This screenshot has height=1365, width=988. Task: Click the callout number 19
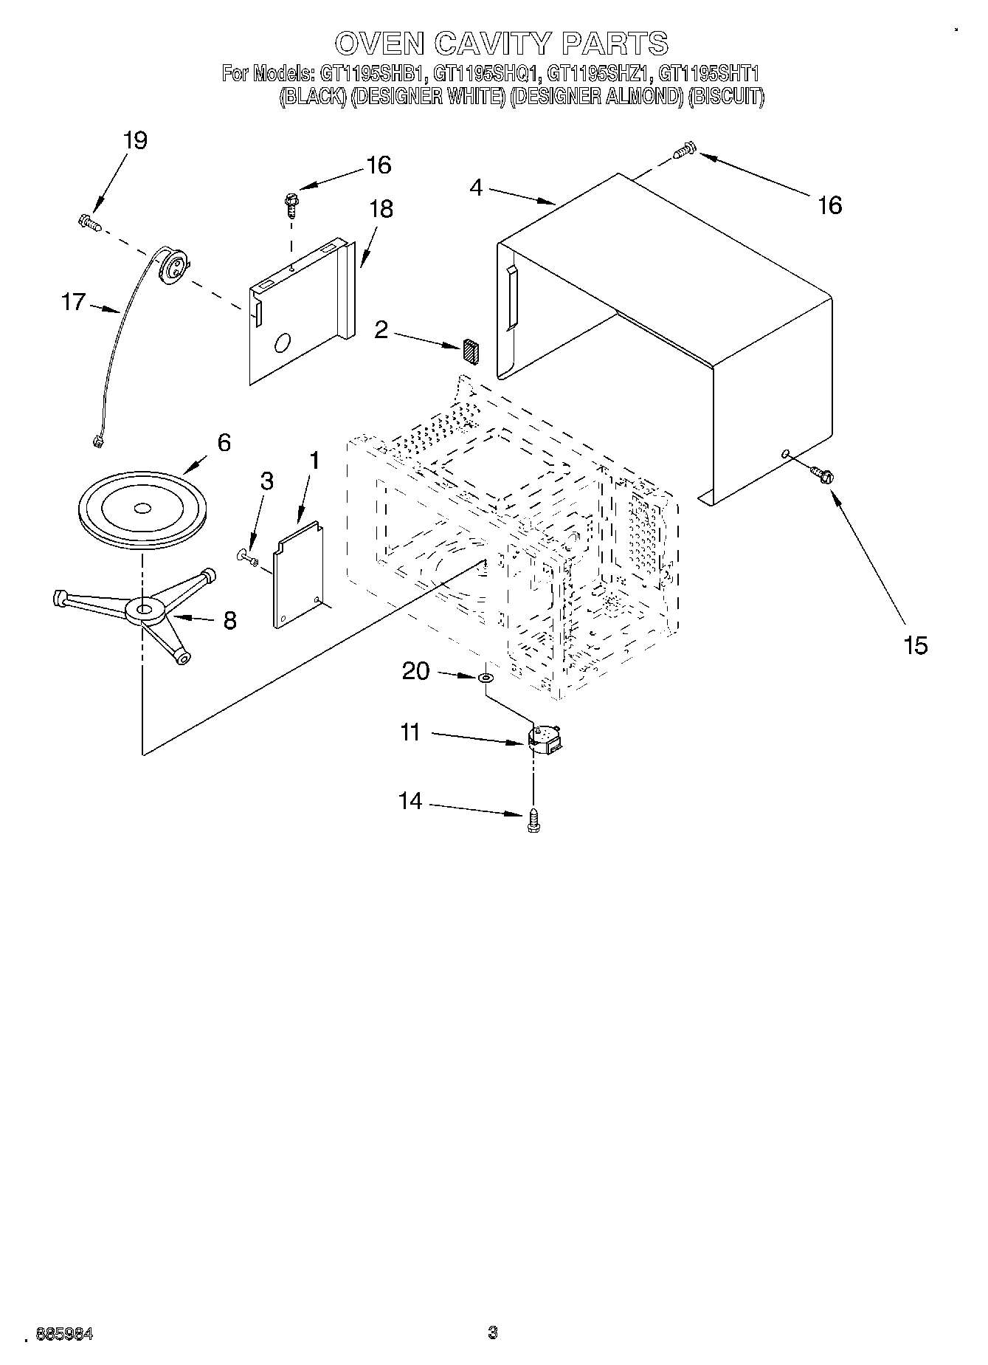(136, 140)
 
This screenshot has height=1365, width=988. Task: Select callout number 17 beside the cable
(73, 302)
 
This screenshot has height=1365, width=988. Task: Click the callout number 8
(229, 621)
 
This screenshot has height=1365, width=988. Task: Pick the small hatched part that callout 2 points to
(471, 351)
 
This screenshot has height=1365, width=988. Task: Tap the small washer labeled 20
(485, 676)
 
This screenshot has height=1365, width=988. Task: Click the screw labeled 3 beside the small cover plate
(248, 557)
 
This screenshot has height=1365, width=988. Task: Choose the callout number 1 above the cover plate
(314, 461)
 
